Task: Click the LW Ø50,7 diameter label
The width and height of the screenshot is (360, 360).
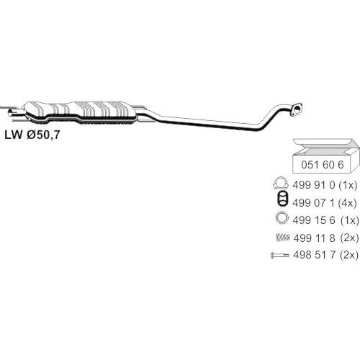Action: (32, 135)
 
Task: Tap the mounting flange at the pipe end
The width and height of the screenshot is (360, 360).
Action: (297, 110)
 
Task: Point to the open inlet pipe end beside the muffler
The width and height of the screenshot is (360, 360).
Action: (12, 112)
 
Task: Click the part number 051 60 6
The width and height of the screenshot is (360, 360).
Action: (323, 165)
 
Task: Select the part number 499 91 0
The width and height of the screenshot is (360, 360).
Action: (313, 185)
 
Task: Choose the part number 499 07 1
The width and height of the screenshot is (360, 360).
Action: (313, 203)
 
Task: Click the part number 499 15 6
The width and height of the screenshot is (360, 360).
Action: (314, 220)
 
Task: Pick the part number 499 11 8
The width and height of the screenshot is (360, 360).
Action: (314, 238)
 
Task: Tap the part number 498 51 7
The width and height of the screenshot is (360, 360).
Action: (314, 255)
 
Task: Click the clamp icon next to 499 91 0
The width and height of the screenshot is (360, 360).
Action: (282, 184)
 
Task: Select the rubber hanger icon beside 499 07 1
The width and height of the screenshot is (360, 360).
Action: (282, 199)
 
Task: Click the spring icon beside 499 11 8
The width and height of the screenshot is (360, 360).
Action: (283, 238)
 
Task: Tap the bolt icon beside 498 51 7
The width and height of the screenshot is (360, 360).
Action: (280, 255)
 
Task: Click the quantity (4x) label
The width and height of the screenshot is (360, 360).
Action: (347, 203)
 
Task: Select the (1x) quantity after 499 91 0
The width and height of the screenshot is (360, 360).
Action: (347, 185)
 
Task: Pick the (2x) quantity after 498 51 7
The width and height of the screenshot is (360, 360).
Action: (349, 255)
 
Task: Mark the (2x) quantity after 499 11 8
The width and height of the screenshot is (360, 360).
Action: (349, 238)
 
